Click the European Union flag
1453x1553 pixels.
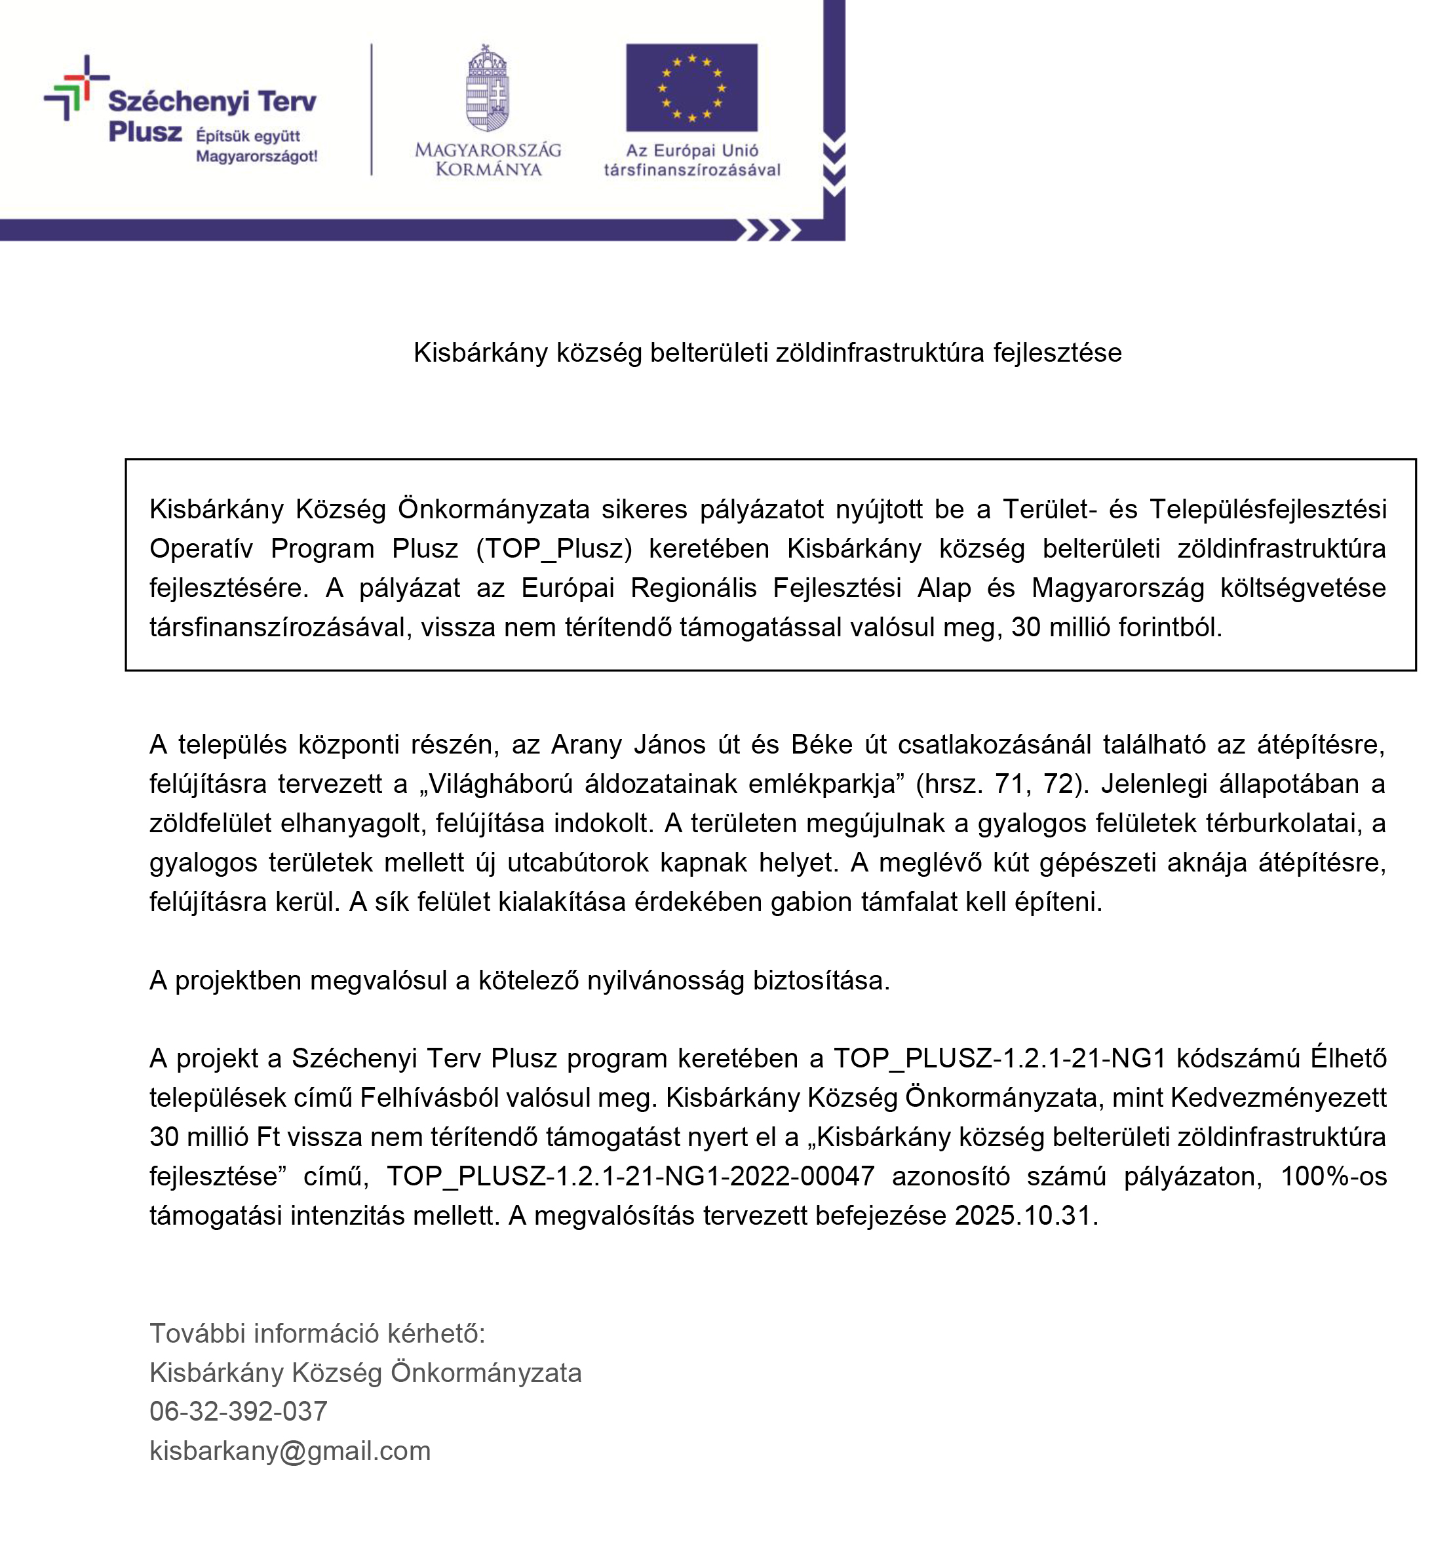pos(691,88)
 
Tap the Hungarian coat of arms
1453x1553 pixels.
pos(488,88)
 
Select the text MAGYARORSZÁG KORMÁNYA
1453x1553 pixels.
pos(488,159)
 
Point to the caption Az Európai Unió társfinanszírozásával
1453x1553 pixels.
pos(691,160)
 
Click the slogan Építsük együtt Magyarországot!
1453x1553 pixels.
pos(256,145)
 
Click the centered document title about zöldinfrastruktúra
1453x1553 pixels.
pos(767,353)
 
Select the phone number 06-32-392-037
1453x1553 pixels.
pos(239,1411)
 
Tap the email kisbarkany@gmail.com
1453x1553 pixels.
pos(290,1451)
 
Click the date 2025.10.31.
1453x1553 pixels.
pos(1026,1216)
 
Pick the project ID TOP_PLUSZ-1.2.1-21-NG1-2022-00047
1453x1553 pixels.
pos(630,1176)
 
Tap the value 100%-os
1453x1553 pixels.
pos(1334,1176)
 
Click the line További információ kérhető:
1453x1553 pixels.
pos(317,1333)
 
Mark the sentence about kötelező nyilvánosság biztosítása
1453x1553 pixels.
pos(520,980)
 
